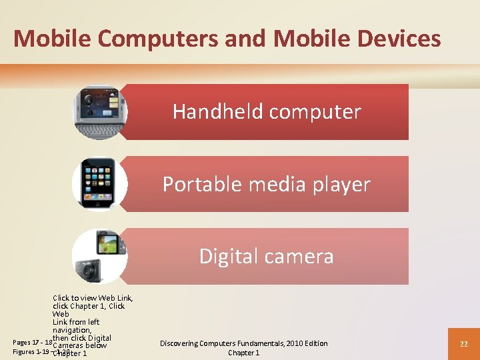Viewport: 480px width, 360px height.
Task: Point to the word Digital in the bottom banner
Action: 227,256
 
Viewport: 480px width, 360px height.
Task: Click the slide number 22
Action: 464,344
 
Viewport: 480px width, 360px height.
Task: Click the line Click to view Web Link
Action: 93,298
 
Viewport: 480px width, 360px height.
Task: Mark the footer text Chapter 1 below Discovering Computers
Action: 244,353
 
